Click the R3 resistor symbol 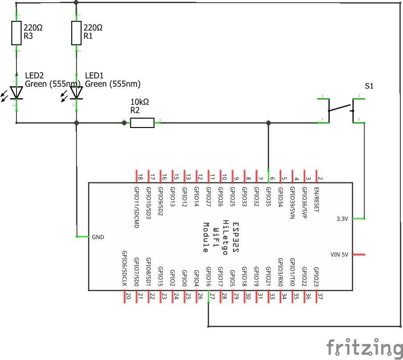[16, 33]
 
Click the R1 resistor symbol [77, 33]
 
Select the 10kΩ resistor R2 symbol [142, 123]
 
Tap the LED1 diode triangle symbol [77, 92]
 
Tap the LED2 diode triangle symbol [16, 92]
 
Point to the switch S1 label [369, 86]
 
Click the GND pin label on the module [98, 237]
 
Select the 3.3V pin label [343, 219]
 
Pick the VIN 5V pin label [339, 255]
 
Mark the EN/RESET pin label [316, 200]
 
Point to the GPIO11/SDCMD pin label [136, 207]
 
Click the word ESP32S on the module [236, 238]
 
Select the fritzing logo [362, 347]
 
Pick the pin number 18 [140, 177]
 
